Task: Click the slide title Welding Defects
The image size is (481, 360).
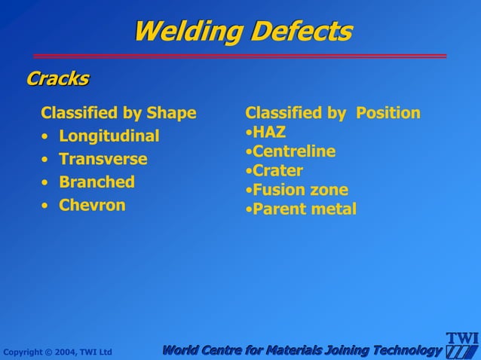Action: (242, 32)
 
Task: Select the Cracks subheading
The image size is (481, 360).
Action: (57, 78)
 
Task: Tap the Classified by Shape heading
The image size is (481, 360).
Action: (118, 113)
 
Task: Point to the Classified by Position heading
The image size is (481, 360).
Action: (332, 113)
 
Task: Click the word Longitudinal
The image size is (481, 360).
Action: (109, 136)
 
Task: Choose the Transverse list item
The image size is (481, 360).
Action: (103, 159)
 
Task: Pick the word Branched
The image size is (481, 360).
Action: (97, 182)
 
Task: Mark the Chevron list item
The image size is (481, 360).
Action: (92, 205)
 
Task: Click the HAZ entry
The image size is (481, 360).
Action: (269, 133)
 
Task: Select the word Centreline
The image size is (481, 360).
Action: (294, 151)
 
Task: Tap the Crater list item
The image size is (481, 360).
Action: (277, 170)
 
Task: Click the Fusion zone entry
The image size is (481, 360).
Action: (300, 190)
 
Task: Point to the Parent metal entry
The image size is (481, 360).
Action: (304, 209)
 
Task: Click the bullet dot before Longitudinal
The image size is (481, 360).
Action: (45, 137)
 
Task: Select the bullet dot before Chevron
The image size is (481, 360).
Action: (45, 206)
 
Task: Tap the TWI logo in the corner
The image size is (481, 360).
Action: (461, 346)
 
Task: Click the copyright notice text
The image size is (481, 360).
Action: (57, 352)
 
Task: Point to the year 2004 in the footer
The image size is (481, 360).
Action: (57, 352)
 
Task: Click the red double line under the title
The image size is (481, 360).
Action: (240, 56)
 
